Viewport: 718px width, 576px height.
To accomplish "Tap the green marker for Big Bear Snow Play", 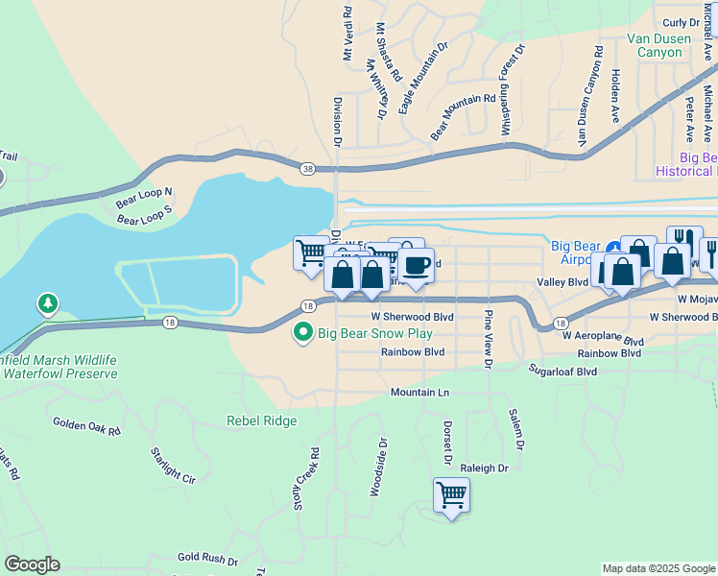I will (x=303, y=333).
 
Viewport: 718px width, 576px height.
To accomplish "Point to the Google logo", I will (x=32, y=564).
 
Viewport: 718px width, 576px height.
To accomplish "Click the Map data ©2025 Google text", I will (x=658, y=568).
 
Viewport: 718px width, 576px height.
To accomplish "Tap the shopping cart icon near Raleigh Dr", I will (x=451, y=496).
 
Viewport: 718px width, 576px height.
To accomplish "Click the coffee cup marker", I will (x=416, y=265).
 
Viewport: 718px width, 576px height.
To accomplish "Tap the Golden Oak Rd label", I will (x=86, y=426).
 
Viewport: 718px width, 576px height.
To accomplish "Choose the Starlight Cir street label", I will (x=174, y=464).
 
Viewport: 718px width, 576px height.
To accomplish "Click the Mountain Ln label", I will (x=419, y=393).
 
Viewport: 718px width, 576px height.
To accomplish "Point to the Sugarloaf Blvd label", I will (x=570, y=368).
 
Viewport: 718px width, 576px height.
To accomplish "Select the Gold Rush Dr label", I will (x=207, y=557).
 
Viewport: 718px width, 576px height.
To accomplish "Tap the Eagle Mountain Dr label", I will (x=423, y=78).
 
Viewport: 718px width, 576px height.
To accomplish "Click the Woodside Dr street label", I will (x=378, y=468).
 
